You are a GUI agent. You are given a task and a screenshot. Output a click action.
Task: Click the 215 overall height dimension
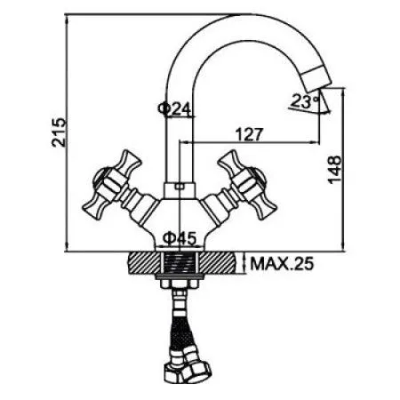pyautogui.click(x=59, y=133)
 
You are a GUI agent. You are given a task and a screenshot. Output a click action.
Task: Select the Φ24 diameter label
pyautogui.click(x=174, y=108)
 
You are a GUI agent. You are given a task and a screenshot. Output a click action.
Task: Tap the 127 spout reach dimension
pyautogui.click(x=248, y=135)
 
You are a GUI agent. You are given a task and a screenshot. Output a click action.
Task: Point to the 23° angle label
pyautogui.click(x=302, y=100)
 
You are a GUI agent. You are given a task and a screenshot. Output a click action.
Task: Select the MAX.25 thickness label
pyautogui.click(x=282, y=263)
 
